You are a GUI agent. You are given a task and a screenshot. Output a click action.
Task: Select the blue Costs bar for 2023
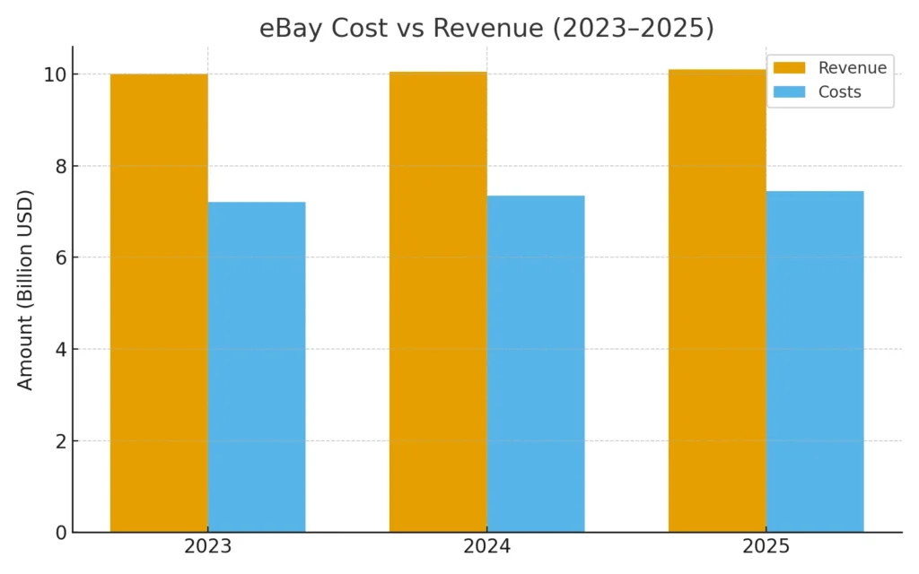click(257, 367)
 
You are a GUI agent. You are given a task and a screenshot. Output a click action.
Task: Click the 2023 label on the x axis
click(207, 547)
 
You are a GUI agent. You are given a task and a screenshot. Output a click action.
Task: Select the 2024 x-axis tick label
click(487, 547)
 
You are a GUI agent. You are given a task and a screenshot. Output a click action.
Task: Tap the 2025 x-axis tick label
click(766, 547)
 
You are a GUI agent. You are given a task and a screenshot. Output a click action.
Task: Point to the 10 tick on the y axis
click(53, 74)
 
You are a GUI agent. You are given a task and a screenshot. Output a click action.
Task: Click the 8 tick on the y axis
click(58, 166)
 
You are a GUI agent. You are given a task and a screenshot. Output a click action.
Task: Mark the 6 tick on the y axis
click(58, 257)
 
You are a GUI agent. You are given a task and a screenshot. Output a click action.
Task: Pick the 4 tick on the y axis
click(58, 349)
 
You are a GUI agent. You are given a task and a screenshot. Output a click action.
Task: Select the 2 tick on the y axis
click(58, 441)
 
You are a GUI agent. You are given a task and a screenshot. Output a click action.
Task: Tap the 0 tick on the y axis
click(58, 533)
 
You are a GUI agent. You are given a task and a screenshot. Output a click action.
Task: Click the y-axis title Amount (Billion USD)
click(25, 290)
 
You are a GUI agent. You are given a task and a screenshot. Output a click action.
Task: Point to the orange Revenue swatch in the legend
click(789, 68)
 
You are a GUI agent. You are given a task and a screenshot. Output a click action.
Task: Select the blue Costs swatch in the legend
click(789, 91)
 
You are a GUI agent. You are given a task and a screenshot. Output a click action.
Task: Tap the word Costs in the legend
click(839, 91)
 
